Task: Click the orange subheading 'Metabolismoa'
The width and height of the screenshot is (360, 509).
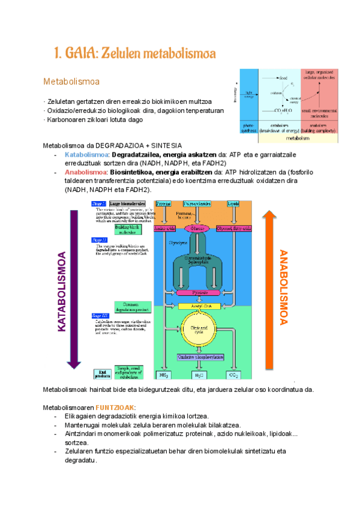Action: click(x=71, y=81)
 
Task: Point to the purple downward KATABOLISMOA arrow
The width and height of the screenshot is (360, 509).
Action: click(x=73, y=288)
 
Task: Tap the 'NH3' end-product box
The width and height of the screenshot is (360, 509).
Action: click(x=163, y=375)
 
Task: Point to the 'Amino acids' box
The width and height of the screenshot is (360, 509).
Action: click(x=163, y=228)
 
